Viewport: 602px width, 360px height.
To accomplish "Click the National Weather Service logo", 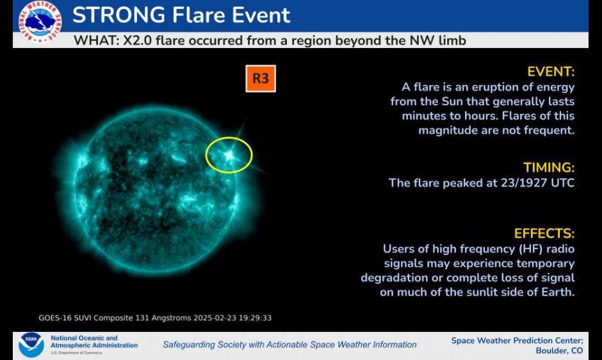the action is pyautogui.click(x=40, y=22).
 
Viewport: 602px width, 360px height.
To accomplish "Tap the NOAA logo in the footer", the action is pyautogui.click(x=31, y=345).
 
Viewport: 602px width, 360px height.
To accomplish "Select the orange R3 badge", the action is pyautogui.click(x=261, y=79).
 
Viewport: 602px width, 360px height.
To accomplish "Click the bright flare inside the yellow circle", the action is pyautogui.click(x=229, y=155).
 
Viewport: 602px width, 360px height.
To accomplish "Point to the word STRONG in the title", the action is pyautogui.click(x=118, y=15).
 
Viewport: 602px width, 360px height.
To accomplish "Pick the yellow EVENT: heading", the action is pyautogui.click(x=551, y=72).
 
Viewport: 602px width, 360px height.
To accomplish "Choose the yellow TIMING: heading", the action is pyautogui.click(x=549, y=168).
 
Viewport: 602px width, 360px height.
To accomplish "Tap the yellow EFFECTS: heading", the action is pyautogui.click(x=544, y=234).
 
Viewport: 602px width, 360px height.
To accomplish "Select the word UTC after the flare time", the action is pyautogui.click(x=563, y=183).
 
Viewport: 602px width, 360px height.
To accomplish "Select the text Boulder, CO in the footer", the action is pyautogui.click(x=559, y=351).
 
